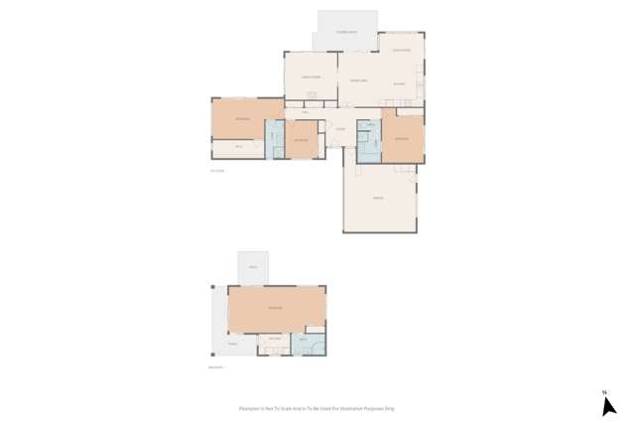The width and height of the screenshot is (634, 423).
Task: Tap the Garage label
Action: (378, 199)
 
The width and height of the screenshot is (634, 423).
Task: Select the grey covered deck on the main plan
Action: (346, 31)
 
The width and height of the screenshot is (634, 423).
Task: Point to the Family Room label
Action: (311, 76)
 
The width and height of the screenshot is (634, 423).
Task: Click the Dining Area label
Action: (358, 79)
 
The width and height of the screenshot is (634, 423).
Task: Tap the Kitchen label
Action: (399, 84)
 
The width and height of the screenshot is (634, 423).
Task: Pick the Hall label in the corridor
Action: (306, 113)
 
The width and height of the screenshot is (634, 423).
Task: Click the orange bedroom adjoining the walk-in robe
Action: (241, 118)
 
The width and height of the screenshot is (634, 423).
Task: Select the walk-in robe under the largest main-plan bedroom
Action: (238, 148)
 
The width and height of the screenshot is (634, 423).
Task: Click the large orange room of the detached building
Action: (275, 309)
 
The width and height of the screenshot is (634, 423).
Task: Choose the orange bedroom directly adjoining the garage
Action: (402, 138)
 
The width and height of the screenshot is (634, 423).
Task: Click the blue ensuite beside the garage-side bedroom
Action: (368, 141)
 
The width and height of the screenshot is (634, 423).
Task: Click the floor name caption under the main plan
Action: (217, 171)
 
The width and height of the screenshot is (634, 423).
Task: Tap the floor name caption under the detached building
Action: (215, 367)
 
